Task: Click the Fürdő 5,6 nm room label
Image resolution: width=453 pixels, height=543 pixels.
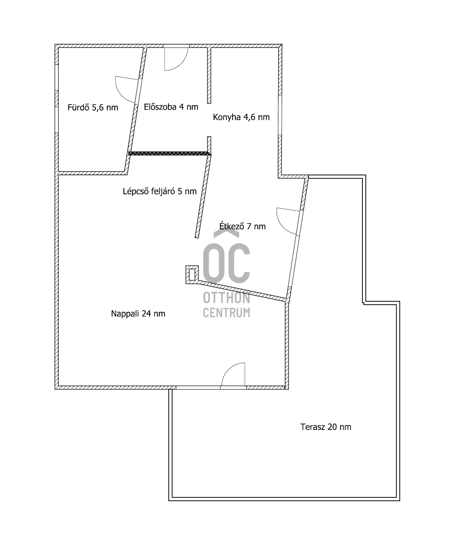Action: pos(93,107)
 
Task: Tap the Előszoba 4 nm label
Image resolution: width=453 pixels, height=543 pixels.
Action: pos(171,107)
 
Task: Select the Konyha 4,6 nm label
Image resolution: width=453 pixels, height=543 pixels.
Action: pos(241,117)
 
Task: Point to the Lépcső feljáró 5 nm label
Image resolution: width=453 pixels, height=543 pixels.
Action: pos(160,191)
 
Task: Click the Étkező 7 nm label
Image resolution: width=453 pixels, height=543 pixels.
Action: pos(242,226)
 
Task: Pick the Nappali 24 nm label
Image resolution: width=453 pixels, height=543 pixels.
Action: pos(138,313)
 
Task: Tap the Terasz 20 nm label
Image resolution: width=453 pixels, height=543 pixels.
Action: pos(326,427)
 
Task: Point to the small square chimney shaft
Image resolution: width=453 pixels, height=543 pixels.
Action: pos(192,275)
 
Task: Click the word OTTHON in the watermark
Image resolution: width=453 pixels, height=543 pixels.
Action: pos(226,298)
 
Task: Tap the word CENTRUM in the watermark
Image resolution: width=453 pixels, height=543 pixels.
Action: pos(226,312)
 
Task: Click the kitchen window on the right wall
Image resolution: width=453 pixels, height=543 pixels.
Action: pos(280,115)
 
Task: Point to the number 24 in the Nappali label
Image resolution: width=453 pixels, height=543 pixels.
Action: pos(146,313)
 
